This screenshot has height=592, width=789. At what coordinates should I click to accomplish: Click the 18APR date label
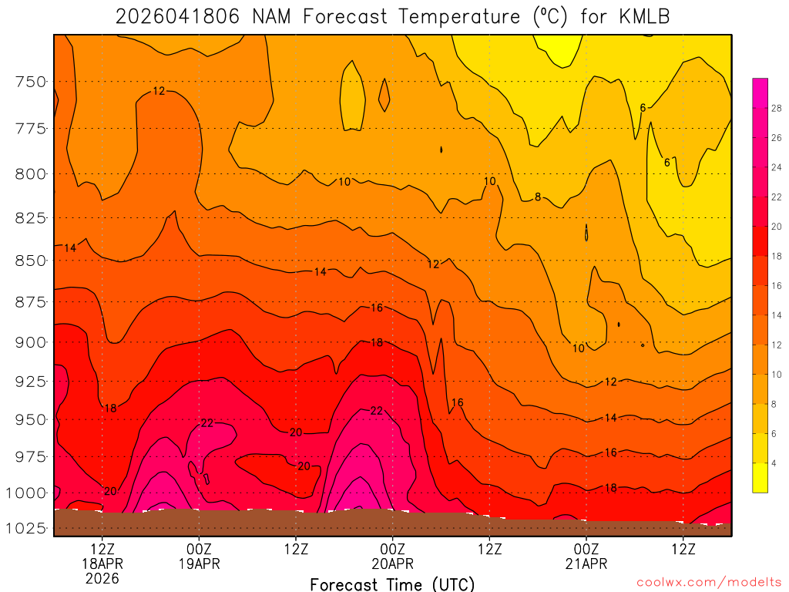(x=102, y=563)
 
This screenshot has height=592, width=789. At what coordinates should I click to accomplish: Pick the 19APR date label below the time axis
(x=200, y=563)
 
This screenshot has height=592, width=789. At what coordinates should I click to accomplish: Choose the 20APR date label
(x=393, y=563)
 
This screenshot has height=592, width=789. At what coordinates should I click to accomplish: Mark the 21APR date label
(x=586, y=563)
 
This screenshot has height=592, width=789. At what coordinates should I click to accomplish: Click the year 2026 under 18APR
(x=102, y=578)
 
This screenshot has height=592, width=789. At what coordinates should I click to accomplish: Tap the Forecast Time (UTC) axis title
(x=392, y=584)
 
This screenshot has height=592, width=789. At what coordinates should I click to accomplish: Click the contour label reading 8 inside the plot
(x=538, y=197)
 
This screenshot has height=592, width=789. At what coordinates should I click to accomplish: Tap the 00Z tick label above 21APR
(x=586, y=549)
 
